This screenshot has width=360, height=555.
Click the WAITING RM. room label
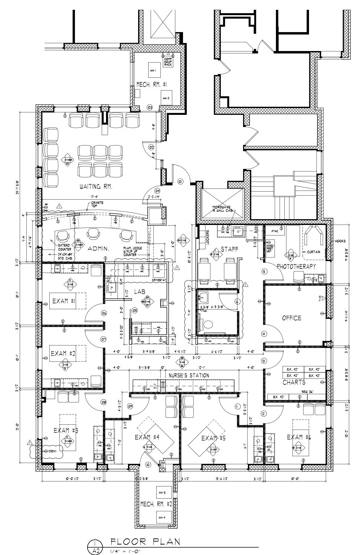pyautogui.click(x=96, y=186)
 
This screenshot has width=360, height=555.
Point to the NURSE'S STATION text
pyautogui.click(x=189, y=375)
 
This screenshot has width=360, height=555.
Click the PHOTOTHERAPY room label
pyautogui.click(x=296, y=267)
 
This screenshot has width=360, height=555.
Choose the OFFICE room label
pyautogui.click(x=291, y=318)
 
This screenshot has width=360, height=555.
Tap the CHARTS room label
pyautogui.click(x=294, y=382)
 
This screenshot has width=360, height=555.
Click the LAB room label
pyautogui.click(x=139, y=291)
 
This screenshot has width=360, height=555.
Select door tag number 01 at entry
pyautogui.click(x=180, y=182)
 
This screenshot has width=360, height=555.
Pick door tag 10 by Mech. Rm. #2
pyautogui.click(x=148, y=465)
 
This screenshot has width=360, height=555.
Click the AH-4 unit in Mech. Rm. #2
pyautogui.click(x=161, y=517)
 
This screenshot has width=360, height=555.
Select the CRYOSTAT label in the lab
pyautogui.click(x=158, y=280)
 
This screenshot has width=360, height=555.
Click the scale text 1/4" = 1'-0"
pyautogui.click(x=125, y=551)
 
